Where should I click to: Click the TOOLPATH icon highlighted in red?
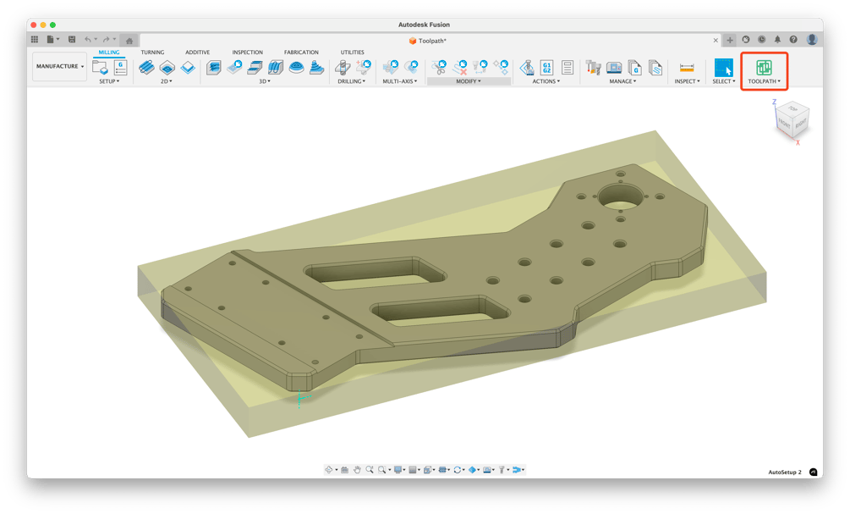click(764, 68)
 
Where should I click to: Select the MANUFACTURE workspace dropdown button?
click(59, 66)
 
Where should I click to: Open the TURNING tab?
click(152, 53)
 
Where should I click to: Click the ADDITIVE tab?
click(197, 53)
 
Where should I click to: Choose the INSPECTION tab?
click(247, 53)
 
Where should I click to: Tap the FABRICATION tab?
click(301, 53)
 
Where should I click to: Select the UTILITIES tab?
click(352, 53)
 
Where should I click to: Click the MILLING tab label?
click(108, 53)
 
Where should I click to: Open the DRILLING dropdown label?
click(351, 81)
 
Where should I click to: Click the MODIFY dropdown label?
click(468, 81)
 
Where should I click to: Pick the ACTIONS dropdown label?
click(546, 81)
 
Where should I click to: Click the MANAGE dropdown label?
click(622, 81)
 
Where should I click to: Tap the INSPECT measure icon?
click(687, 68)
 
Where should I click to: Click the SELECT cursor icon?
click(723, 68)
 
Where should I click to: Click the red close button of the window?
click(33, 25)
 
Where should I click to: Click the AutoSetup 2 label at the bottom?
click(784, 472)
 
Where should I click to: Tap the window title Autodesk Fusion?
click(424, 25)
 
